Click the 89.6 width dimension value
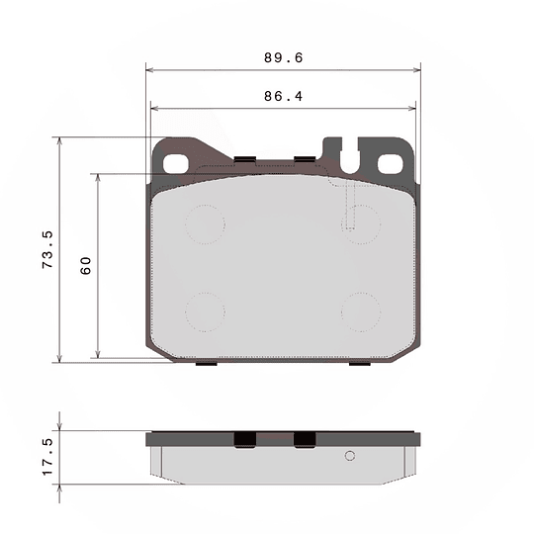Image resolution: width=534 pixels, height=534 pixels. coord(283,58)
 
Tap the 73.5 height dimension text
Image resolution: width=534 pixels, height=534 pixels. coord(46,250)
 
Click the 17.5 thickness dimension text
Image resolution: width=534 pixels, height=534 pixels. coord(46,458)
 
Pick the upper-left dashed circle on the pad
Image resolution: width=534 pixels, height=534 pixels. coord(206,223)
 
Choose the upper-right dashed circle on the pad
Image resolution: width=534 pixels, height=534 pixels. coord(361,223)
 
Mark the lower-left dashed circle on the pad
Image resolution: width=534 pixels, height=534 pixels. coord(206,311)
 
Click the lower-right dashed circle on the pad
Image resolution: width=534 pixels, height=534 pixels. coord(361,311)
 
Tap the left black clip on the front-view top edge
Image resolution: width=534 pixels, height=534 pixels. coord(244,157)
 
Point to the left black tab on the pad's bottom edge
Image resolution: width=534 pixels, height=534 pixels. coord(206,363)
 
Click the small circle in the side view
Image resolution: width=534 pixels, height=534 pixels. coord(349,456)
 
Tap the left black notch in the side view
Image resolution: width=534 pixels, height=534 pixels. coord(244,439)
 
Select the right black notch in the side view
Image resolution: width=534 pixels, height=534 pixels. coord(305,439)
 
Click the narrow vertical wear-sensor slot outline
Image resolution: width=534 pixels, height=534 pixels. coord(349,205)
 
